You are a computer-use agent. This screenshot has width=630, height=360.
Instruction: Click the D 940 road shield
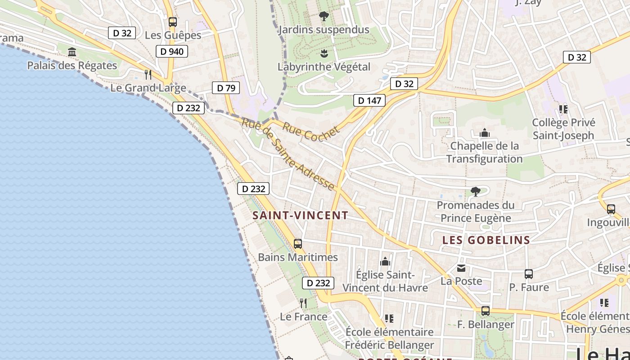(x=172, y=51)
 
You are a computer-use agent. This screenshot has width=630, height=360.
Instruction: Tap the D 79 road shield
(x=226, y=88)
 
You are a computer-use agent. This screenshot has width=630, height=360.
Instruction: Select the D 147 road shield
(x=370, y=100)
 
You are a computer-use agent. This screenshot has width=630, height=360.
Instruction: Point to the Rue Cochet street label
(x=310, y=131)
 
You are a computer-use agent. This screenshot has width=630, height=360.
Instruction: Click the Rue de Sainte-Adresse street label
(x=288, y=154)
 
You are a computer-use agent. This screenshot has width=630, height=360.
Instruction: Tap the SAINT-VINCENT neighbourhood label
(x=300, y=216)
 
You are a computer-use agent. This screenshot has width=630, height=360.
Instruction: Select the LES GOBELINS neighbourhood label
(x=486, y=240)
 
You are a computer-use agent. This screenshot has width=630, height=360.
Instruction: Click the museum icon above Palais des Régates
(x=72, y=52)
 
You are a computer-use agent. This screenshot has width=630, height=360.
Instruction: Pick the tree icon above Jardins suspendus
(x=324, y=17)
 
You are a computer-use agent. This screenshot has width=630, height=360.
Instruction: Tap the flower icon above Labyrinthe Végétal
(x=324, y=54)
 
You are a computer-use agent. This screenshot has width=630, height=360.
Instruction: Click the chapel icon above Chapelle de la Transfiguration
(x=484, y=133)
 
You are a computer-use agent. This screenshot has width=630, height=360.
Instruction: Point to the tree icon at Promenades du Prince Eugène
(x=475, y=192)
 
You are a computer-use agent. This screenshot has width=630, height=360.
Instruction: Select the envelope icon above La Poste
(x=461, y=268)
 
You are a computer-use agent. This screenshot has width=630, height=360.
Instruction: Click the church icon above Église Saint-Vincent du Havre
(x=385, y=261)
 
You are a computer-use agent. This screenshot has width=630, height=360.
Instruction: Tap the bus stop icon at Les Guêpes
(x=172, y=22)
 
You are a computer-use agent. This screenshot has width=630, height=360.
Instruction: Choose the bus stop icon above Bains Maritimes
(x=298, y=244)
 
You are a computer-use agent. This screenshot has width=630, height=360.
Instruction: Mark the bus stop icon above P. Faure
(x=529, y=274)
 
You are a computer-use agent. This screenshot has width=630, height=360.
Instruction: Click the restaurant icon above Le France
(x=303, y=303)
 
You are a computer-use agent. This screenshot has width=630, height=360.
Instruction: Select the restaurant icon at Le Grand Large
(x=148, y=74)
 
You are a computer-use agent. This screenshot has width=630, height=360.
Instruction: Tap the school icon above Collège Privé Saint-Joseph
(x=563, y=109)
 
